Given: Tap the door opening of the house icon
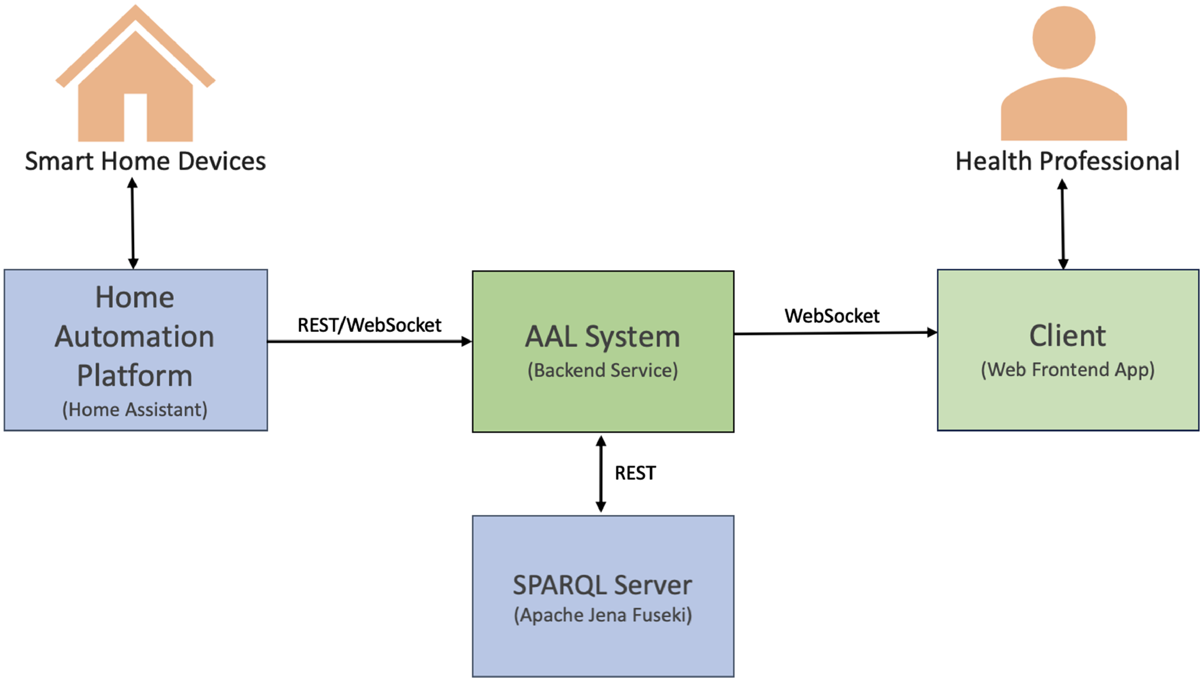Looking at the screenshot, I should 135,117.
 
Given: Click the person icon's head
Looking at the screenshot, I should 1064,38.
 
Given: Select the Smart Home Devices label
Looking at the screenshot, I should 145,161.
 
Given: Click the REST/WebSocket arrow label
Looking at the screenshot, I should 369,325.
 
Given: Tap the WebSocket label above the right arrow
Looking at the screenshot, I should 832,316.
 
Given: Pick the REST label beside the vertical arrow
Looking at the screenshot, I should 635,473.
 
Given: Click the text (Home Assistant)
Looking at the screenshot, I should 135,409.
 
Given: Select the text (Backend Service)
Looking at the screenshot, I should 603,370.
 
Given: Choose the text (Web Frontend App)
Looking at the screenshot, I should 1068,369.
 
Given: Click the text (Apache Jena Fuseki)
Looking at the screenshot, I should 603,615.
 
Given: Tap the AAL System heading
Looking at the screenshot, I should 603,336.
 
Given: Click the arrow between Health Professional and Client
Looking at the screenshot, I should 1063,224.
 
